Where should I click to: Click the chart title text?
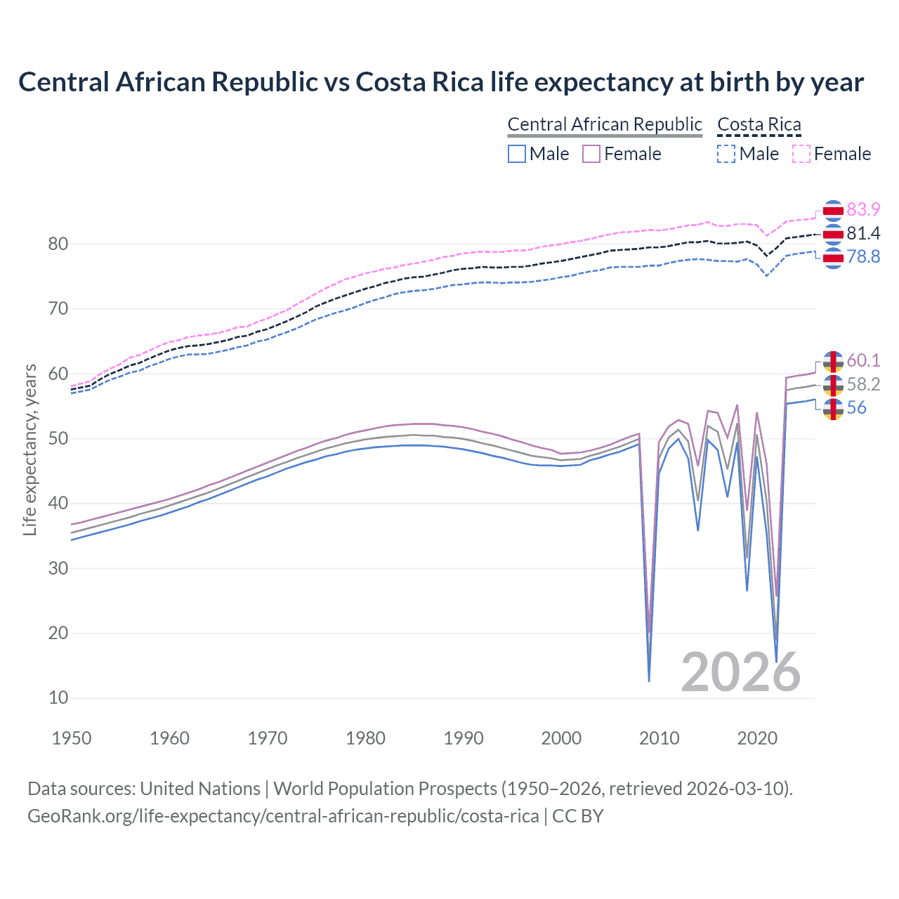click(x=441, y=82)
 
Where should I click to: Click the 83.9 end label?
click(x=863, y=210)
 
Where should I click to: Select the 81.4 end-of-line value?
click(x=863, y=233)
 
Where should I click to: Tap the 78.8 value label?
click(x=863, y=257)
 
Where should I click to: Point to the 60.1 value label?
click(x=863, y=360)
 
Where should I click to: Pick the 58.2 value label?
click(x=863, y=384)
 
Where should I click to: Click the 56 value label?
click(x=856, y=408)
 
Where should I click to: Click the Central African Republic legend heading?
click(x=605, y=125)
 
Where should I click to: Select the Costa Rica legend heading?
click(x=759, y=125)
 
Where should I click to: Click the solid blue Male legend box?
click(x=517, y=154)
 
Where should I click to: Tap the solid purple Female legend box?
click(x=591, y=154)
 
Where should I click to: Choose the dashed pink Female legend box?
click(x=801, y=154)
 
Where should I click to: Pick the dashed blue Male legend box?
click(x=726, y=154)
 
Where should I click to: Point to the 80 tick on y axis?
click(x=58, y=244)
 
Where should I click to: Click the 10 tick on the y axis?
click(x=58, y=698)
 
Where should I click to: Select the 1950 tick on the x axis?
click(x=72, y=738)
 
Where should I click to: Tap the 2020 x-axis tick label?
click(x=757, y=738)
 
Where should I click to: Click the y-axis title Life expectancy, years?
click(x=30, y=449)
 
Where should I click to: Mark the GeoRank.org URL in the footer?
click(x=283, y=816)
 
